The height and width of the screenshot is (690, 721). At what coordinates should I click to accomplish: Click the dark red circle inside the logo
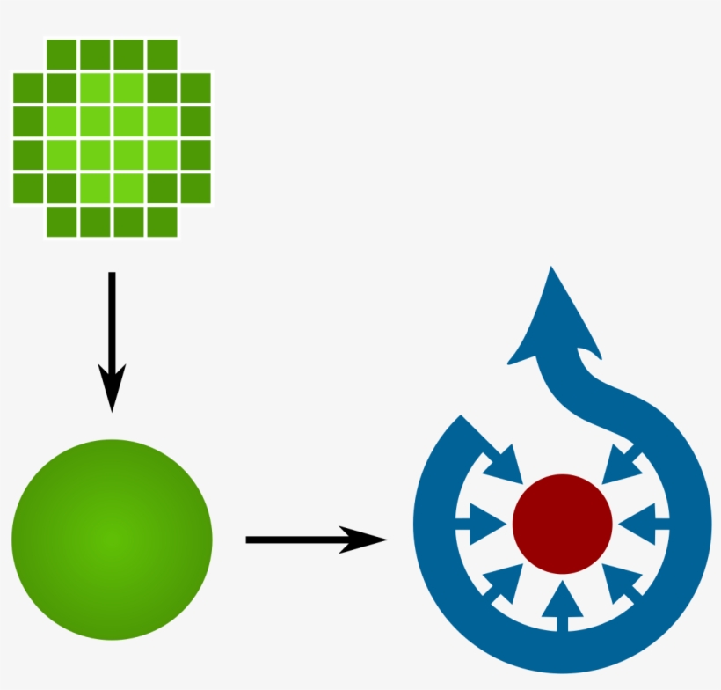tap(562, 524)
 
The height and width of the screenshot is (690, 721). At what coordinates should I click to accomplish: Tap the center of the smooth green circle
tap(112, 539)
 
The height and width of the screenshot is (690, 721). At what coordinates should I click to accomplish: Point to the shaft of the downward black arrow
tap(112, 317)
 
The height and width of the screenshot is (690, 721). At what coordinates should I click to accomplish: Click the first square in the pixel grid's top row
tap(62, 54)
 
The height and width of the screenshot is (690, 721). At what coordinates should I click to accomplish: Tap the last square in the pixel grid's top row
tap(162, 54)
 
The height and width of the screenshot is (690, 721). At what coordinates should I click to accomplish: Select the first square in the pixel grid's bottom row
tap(62, 221)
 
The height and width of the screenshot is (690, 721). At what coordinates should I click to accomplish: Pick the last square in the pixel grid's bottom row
tap(162, 221)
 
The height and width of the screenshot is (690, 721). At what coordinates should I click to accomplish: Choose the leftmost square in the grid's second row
tap(28, 87)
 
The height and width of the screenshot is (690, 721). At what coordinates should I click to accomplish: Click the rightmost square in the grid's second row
tap(195, 87)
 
